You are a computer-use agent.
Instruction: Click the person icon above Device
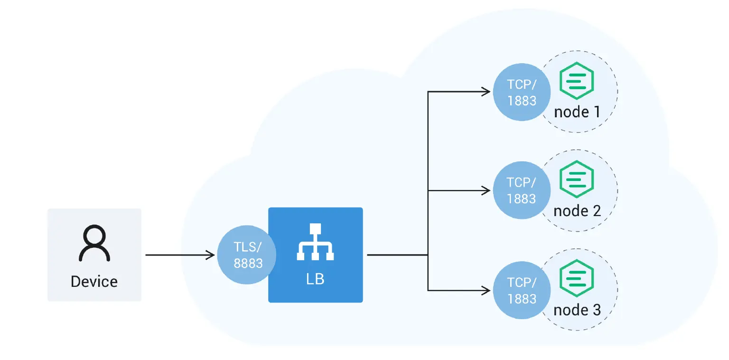94,243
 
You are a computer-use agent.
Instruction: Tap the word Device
94,281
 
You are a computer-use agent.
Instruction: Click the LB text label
315,279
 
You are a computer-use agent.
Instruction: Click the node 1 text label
577,112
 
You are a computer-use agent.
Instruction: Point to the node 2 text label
577,211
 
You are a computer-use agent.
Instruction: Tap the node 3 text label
577,310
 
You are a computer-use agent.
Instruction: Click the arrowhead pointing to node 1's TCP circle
486,92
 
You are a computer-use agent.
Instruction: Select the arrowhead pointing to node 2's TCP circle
486,190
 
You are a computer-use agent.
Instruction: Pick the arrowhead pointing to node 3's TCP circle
486,290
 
